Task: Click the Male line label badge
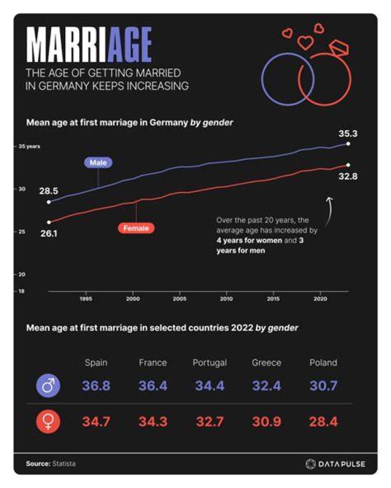point(98,162)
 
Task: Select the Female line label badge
point(136,228)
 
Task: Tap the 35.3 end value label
point(348,134)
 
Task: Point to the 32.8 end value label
point(348,176)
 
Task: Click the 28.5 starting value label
point(48,191)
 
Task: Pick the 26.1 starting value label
point(49,233)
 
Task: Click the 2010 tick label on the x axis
point(226,299)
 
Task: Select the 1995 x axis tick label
point(86,299)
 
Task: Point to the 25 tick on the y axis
point(22,232)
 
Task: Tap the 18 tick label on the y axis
point(22,291)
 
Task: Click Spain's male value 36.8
point(96,386)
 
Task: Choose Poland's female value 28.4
point(323,422)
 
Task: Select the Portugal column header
point(210,363)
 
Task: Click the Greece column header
point(267,363)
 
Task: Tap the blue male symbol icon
point(48,386)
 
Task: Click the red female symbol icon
point(48,422)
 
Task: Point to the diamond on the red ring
point(339,48)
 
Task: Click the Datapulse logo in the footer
point(335,464)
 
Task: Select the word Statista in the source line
point(64,464)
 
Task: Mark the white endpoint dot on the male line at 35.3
point(348,144)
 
